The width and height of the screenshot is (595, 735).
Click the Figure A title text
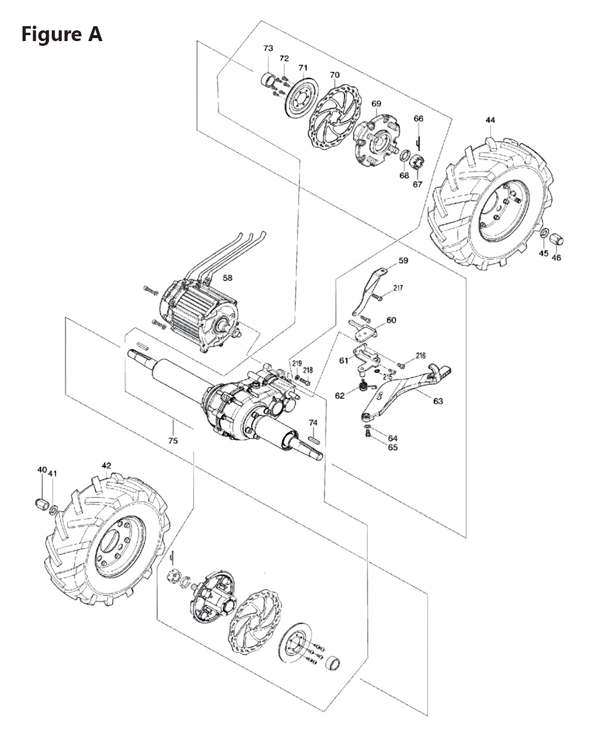tap(62, 35)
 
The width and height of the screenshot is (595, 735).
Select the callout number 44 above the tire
tap(490, 120)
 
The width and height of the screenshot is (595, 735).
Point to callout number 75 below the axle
tap(173, 441)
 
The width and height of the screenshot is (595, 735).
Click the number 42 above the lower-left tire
tap(106, 465)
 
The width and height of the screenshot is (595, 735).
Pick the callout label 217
tap(398, 288)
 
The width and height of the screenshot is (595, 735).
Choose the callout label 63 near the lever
tap(438, 401)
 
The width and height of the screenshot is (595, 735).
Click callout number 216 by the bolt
tap(421, 356)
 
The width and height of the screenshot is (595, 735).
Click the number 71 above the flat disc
tap(303, 67)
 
